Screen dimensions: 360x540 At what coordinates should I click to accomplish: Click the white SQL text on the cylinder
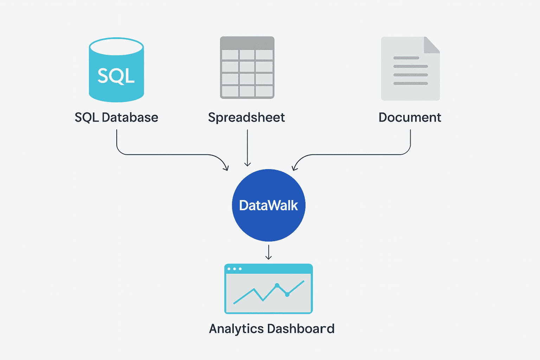coord(116,76)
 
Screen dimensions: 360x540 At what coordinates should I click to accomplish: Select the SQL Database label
coord(116,117)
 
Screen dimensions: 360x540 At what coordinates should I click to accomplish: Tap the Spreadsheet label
coord(246,117)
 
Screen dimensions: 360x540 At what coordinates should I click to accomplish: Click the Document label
coord(410,117)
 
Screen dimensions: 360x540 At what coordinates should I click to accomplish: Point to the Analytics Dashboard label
coord(271,329)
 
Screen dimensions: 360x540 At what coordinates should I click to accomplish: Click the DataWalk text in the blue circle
coord(269,205)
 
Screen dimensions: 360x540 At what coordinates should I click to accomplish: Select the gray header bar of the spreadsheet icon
coord(247,43)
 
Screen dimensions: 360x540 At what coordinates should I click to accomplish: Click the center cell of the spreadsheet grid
coord(247,67)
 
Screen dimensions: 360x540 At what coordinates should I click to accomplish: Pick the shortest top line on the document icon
coord(406,58)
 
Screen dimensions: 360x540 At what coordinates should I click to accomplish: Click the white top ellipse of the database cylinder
coord(116,47)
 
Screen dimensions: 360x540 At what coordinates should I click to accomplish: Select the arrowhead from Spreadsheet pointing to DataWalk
coord(247,164)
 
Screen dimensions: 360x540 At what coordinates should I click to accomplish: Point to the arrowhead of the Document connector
coord(295,168)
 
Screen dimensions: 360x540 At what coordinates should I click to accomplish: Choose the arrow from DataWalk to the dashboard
coord(269,252)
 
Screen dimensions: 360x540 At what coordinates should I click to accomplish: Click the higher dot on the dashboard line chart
coord(277,285)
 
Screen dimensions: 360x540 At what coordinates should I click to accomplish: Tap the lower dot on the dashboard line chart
coord(287,295)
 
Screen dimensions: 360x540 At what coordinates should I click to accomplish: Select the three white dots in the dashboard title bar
coord(234,269)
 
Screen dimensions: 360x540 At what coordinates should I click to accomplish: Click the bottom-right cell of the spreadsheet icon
coord(264,91)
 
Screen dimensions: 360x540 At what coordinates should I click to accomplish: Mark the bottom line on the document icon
coord(410,83)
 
